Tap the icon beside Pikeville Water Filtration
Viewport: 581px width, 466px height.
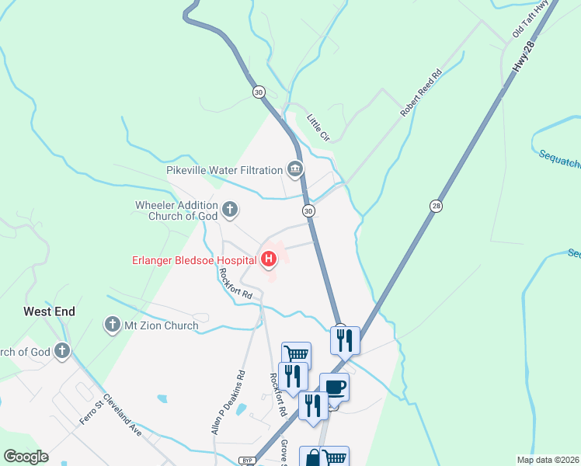click(x=294, y=169)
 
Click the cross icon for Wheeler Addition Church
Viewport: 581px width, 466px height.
click(x=230, y=209)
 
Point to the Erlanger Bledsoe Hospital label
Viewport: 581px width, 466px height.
click(x=195, y=259)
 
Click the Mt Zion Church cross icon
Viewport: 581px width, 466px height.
click(x=112, y=325)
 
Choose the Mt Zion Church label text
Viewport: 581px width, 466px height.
click(x=162, y=325)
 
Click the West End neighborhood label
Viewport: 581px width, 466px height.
click(x=49, y=311)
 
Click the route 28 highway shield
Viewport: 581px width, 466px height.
click(x=436, y=205)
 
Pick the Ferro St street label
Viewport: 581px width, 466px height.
click(x=91, y=412)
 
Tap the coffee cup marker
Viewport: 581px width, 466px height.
click(x=334, y=387)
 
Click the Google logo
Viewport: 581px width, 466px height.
click(x=26, y=457)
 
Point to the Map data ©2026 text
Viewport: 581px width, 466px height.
click(x=547, y=460)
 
